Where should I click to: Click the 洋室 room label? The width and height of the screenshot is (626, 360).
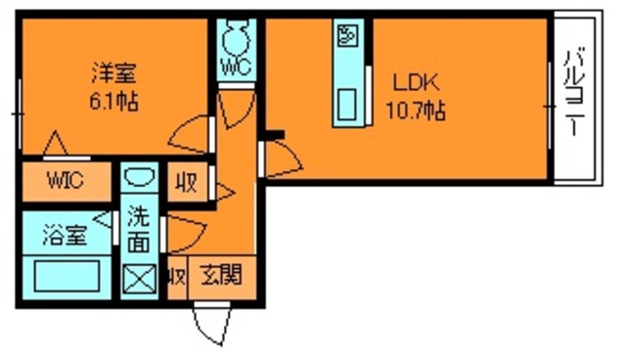click(114, 71)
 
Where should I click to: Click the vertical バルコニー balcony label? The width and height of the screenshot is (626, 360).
click(574, 96)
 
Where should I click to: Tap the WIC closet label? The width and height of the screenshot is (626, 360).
click(65, 181)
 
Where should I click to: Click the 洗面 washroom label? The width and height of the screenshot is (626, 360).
click(139, 228)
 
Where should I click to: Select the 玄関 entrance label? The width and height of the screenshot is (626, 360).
click(222, 275)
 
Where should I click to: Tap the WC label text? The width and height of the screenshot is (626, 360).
click(235, 68)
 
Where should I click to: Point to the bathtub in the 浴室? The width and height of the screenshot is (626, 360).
click(66, 275)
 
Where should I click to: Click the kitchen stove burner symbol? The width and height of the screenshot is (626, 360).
click(349, 37)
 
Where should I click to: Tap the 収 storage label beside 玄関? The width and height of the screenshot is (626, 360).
click(177, 277)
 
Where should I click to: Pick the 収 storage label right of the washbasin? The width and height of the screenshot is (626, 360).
click(185, 182)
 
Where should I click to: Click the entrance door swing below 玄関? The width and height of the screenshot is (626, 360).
click(211, 324)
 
